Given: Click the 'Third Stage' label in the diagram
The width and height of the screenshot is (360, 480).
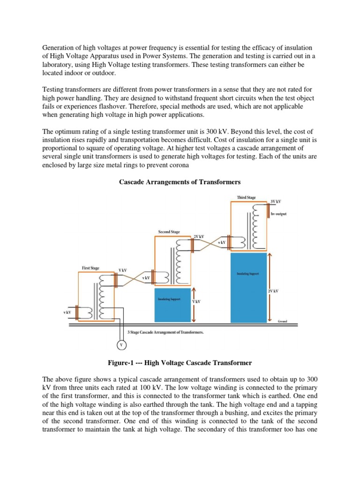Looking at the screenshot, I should coord(247,198).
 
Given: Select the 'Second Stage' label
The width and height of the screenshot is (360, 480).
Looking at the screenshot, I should coord(169,232).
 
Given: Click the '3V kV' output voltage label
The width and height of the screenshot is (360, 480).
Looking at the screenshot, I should coord(276,202).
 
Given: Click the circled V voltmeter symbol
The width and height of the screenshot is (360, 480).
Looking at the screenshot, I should coord(121,345).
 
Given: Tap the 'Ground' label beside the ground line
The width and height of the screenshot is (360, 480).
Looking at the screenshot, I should coord(282,322).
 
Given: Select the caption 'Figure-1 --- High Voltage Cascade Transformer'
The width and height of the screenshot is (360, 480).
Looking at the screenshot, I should coord(180,363).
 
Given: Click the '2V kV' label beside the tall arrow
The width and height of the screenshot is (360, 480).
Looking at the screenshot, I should coord(273,291).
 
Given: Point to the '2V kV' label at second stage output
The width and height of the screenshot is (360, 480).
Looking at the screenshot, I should coord(199,237).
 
